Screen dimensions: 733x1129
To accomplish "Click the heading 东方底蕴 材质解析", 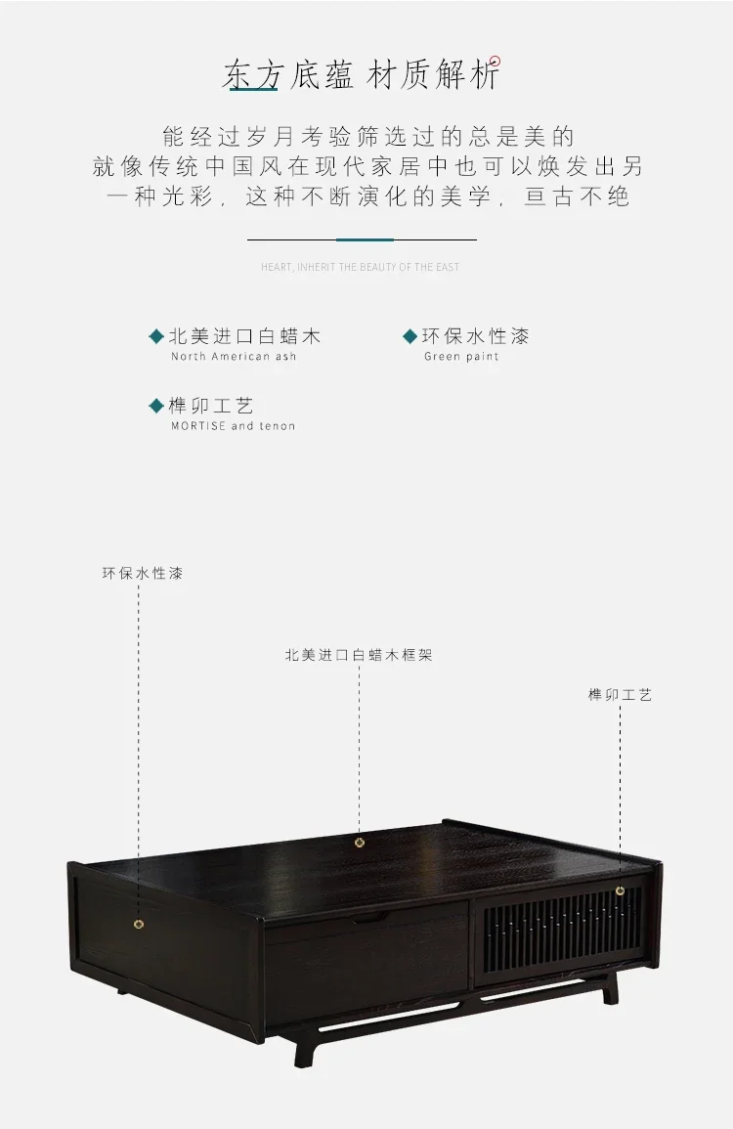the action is pyautogui.click(x=361, y=75).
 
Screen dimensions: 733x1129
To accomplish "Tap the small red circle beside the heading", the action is pyautogui.click(x=495, y=62).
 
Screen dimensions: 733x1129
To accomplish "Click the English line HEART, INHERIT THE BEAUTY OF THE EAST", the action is pyautogui.click(x=360, y=267).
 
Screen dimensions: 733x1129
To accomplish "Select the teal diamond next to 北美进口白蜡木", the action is pyautogui.click(x=156, y=336).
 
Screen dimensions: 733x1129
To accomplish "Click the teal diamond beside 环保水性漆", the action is pyautogui.click(x=410, y=336).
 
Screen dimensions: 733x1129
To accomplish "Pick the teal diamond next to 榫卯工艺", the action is pyautogui.click(x=156, y=406).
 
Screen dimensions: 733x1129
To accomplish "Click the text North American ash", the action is pyautogui.click(x=234, y=357).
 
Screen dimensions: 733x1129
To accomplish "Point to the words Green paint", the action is pyautogui.click(x=461, y=357).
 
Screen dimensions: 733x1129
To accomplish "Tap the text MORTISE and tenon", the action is pyautogui.click(x=234, y=426).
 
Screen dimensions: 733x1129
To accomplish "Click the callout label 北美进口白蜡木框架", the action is pyautogui.click(x=359, y=655).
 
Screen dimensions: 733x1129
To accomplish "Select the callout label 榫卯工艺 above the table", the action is pyautogui.click(x=620, y=695).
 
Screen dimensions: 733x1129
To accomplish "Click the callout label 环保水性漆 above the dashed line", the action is pyautogui.click(x=143, y=573).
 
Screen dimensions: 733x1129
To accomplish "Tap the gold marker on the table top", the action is pyautogui.click(x=360, y=843).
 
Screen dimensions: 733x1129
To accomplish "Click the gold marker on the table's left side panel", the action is pyautogui.click(x=139, y=924).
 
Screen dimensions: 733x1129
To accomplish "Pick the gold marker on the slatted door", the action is pyautogui.click(x=620, y=890).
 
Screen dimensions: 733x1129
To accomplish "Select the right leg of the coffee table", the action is pyautogui.click(x=610, y=991).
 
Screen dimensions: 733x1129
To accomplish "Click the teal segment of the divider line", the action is pyautogui.click(x=365, y=239).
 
